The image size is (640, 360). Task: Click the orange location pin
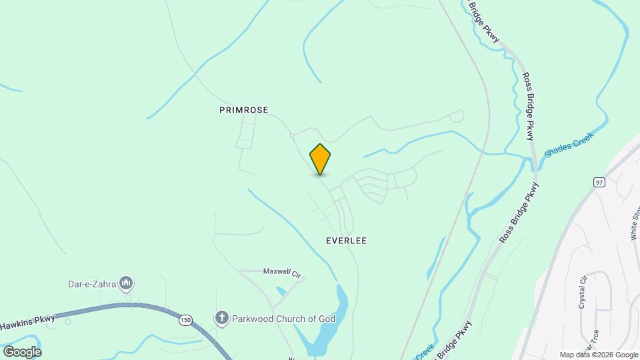(320, 159)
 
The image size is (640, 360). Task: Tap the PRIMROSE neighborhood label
(243, 110)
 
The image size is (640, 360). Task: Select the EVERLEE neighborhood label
(346, 241)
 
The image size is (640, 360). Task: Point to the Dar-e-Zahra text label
(91, 284)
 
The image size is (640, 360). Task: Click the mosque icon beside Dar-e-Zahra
(125, 284)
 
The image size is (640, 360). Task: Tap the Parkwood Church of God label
(283, 319)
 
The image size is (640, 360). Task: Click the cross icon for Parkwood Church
(222, 319)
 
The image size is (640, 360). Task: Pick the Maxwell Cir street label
(282, 272)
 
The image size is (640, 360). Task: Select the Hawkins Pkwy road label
(27, 323)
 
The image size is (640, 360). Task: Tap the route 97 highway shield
(599, 182)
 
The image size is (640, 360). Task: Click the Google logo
(21, 351)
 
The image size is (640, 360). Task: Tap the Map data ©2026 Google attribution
(599, 355)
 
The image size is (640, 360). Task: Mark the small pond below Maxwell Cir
(281, 291)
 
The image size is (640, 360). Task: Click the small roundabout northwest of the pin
(291, 136)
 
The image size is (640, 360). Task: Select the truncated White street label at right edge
(635, 223)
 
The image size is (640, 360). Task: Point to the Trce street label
(591, 350)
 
